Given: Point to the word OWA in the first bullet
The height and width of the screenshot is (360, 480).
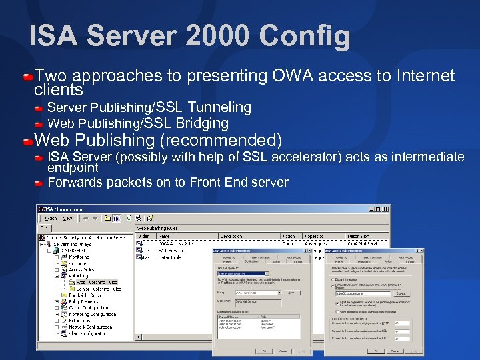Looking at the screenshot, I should point(295,76).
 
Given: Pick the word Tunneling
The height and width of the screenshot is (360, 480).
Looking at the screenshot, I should point(219,107).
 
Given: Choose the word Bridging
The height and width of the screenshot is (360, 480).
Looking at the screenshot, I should point(202,123).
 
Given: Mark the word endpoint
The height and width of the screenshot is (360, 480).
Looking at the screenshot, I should point(73,168).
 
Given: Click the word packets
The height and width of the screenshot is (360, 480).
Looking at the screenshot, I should point(127,183).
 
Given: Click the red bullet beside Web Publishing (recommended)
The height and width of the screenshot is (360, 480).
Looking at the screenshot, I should point(27,141).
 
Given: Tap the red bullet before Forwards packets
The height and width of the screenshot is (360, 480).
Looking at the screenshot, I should point(40,183).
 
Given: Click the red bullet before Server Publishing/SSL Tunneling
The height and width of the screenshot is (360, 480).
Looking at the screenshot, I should point(40,108).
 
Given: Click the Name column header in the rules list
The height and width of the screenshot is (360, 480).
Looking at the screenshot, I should point(165,236).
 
